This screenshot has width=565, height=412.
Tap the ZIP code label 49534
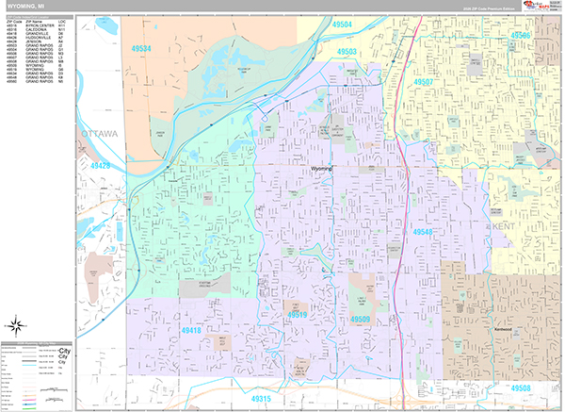(142, 47)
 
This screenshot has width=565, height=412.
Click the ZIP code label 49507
(424, 82)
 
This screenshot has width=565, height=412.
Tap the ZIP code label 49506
(521, 35)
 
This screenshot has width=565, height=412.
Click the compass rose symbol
(16, 327)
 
